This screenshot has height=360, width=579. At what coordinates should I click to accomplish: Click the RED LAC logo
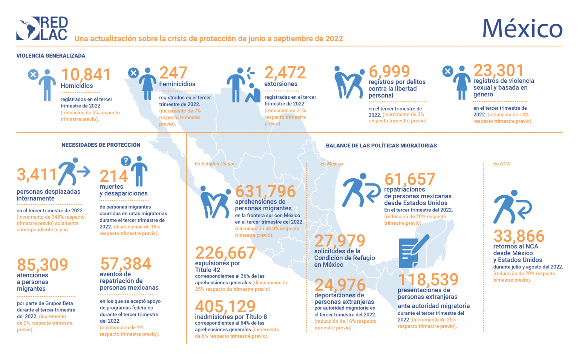(42, 28)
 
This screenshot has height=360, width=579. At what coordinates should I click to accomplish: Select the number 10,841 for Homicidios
(86, 75)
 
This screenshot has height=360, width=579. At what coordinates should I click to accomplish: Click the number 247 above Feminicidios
(173, 73)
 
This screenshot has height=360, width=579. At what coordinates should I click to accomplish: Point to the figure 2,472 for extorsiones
(285, 73)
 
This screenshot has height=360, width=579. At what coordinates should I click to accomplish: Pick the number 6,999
(389, 71)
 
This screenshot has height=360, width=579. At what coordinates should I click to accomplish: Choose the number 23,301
(498, 70)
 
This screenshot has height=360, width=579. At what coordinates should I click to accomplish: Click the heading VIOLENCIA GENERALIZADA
(51, 56)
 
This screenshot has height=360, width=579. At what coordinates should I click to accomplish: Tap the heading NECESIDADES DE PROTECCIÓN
(101, 145)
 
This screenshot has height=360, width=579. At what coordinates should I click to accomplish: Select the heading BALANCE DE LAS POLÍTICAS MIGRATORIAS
(381, 146)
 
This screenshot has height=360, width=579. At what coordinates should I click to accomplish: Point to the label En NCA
(501, 164)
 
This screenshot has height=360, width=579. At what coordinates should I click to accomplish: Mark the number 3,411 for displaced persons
(37, 175)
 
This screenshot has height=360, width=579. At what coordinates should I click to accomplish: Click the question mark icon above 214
(126, 161)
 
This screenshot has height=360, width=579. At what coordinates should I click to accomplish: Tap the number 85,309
(43, 264)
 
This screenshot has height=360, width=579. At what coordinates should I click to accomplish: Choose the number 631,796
(265, 191)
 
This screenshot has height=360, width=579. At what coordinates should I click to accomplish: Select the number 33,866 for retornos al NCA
(519, 236)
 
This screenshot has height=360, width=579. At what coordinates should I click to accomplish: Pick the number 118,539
(428, 279)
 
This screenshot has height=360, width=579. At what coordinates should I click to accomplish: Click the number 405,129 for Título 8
(225, 306)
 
